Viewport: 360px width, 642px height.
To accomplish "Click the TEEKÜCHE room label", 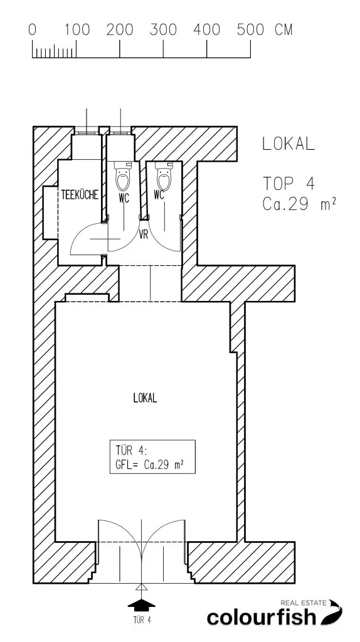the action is pos(80,195).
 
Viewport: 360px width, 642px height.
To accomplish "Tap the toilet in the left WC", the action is pos(123,177).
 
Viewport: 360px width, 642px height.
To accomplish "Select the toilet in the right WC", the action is pos(164,176).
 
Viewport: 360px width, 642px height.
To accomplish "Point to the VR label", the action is pos(144,235).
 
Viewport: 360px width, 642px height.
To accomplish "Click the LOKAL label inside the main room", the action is pos(145,398).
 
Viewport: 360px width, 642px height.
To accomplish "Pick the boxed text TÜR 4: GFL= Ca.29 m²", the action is pos(152,457).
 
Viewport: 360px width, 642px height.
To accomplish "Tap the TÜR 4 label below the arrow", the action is pos(142,620).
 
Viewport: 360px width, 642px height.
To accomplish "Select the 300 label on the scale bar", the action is pos(163,30).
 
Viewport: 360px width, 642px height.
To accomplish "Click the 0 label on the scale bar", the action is pos(33,30).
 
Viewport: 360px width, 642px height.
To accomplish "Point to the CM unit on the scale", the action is pos(283,30).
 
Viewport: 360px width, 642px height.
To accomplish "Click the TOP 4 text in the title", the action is pos(289,184).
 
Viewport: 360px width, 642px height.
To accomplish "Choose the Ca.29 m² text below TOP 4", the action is pos(299,204).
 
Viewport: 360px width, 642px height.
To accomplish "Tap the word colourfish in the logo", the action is pos(262,617).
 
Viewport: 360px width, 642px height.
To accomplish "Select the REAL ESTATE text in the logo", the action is pos(303,603).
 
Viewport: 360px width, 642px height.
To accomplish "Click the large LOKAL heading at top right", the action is pos(289,144).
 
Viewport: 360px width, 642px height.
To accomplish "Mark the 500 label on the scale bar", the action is pos(250,30).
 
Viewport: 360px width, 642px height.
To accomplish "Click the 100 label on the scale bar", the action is pos(77,30).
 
